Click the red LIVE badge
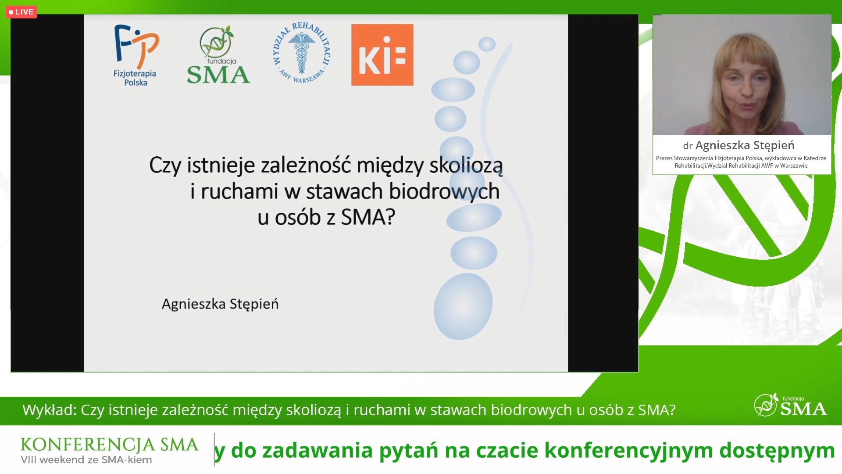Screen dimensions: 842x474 coord(21,12)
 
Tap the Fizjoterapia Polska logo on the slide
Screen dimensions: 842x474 coord(136,55)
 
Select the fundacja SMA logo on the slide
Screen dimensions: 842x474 coord(218,55)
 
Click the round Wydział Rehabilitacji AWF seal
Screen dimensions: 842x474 coord(302,53)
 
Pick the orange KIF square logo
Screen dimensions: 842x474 coord(382,54)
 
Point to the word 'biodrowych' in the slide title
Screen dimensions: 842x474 coord(444,192)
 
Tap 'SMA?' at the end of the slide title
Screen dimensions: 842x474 coord(368,217)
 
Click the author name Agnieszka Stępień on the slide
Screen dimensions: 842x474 coord(220,304)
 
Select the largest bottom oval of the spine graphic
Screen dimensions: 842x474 coord(463,306)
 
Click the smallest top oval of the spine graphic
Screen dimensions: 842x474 coord(487,44)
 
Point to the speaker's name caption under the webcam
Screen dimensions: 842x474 coord(739,145)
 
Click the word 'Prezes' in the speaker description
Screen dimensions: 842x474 coord(664,158)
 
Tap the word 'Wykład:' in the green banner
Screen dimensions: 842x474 coord(50,410)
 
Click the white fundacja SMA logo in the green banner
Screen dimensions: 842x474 coord(790,405)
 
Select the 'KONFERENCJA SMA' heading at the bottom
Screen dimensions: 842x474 coord(110,445)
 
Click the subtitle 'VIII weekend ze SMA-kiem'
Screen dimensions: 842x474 coord(86,460)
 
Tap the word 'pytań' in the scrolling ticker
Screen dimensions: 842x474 coord(409,451)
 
